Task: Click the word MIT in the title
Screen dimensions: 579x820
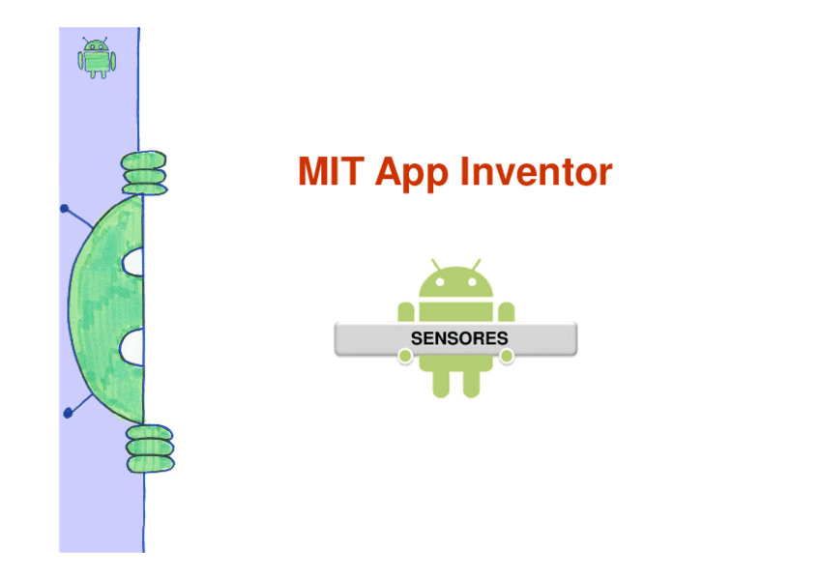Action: (331, 172)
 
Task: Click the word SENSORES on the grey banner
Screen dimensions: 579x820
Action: (458, 339)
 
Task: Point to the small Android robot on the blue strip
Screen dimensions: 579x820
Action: (96, 58)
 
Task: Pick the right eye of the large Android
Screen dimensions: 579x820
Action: (472, 284)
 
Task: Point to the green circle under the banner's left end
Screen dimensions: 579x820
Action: (405, 357)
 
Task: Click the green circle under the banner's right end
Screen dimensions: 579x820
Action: (507, 357)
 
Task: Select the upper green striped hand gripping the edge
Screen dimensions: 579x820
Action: (144, 172)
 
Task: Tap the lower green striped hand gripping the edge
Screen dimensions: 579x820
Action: (149, 449)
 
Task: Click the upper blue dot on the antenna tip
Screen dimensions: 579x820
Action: (64, 208)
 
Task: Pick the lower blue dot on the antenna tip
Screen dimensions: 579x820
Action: (68, 413)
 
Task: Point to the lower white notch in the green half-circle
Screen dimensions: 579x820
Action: (133, 346)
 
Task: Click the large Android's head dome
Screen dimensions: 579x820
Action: (455, 282)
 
